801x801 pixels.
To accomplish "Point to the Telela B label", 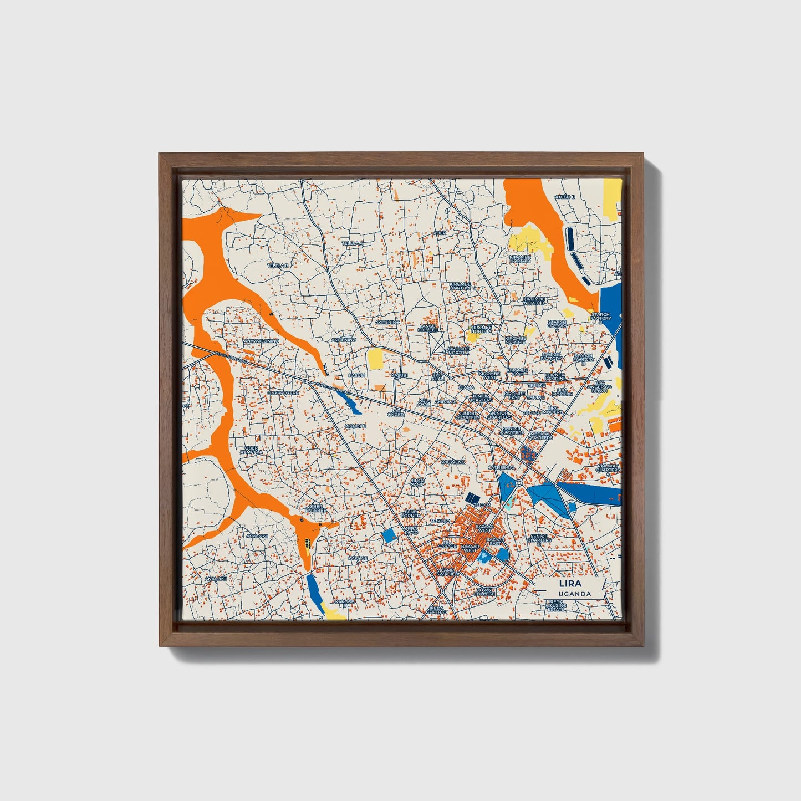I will coord(278,266).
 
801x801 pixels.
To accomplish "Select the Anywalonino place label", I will coord(261,341).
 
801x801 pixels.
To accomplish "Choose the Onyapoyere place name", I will coord(283,392).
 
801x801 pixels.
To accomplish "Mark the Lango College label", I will coord(430,328).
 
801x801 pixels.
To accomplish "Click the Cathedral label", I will coord(501,467).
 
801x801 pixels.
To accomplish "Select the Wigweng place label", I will coord(453,461).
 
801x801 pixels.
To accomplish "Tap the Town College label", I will coord(484,591).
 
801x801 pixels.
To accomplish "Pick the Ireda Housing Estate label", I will coord(556,605).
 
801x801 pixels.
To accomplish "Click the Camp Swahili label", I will coord(448,572).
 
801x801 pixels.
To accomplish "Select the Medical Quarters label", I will coord(540,436).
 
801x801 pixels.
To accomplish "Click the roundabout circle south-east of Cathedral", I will coord(518,483).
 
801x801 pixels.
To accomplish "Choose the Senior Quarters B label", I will coord(539,540).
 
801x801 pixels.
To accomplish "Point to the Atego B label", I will coord(565,197).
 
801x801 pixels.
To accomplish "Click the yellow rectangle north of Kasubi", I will coord(375,359).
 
